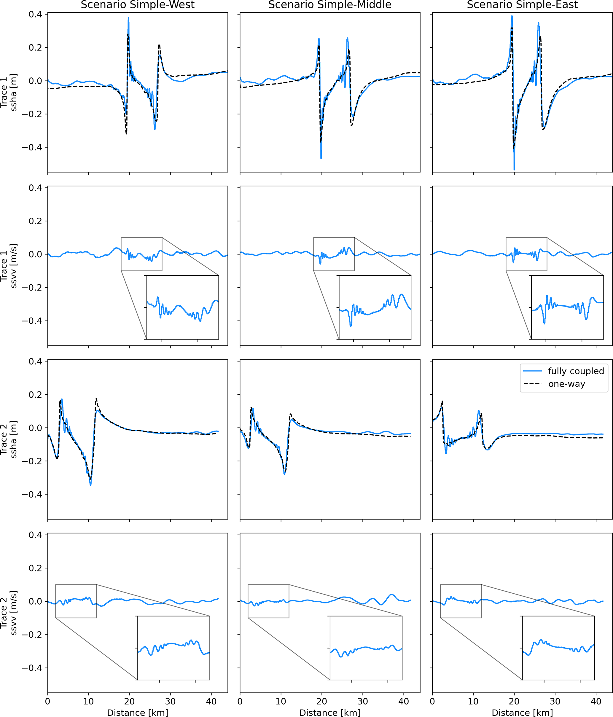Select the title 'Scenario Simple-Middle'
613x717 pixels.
click(329, 5)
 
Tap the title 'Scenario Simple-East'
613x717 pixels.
click(522, 5)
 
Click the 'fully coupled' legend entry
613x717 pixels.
click(576, 371)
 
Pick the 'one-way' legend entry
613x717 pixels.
click(566, 384)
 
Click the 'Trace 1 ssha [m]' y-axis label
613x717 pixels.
click(9, 93)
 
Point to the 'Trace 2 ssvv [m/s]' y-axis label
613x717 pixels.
click(9, 613)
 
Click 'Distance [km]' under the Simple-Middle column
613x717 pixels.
click(329, 713)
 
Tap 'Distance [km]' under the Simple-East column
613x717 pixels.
click(522, 713)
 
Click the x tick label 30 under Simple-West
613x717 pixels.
click(170, 701)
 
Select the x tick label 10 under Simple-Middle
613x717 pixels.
click(281, 701)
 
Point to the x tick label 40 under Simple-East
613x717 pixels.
click(596, 701)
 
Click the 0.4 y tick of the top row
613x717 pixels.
click(35, 14)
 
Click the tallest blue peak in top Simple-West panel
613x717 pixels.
click(128, 18)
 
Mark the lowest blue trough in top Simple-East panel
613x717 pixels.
click(514, 169)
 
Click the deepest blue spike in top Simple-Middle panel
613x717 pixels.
click(321, 158)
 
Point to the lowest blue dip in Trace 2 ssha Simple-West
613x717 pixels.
click(91, 485)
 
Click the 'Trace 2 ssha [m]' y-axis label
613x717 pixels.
click(9, 439)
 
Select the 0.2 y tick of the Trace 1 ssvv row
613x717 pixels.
click(35, 221)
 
